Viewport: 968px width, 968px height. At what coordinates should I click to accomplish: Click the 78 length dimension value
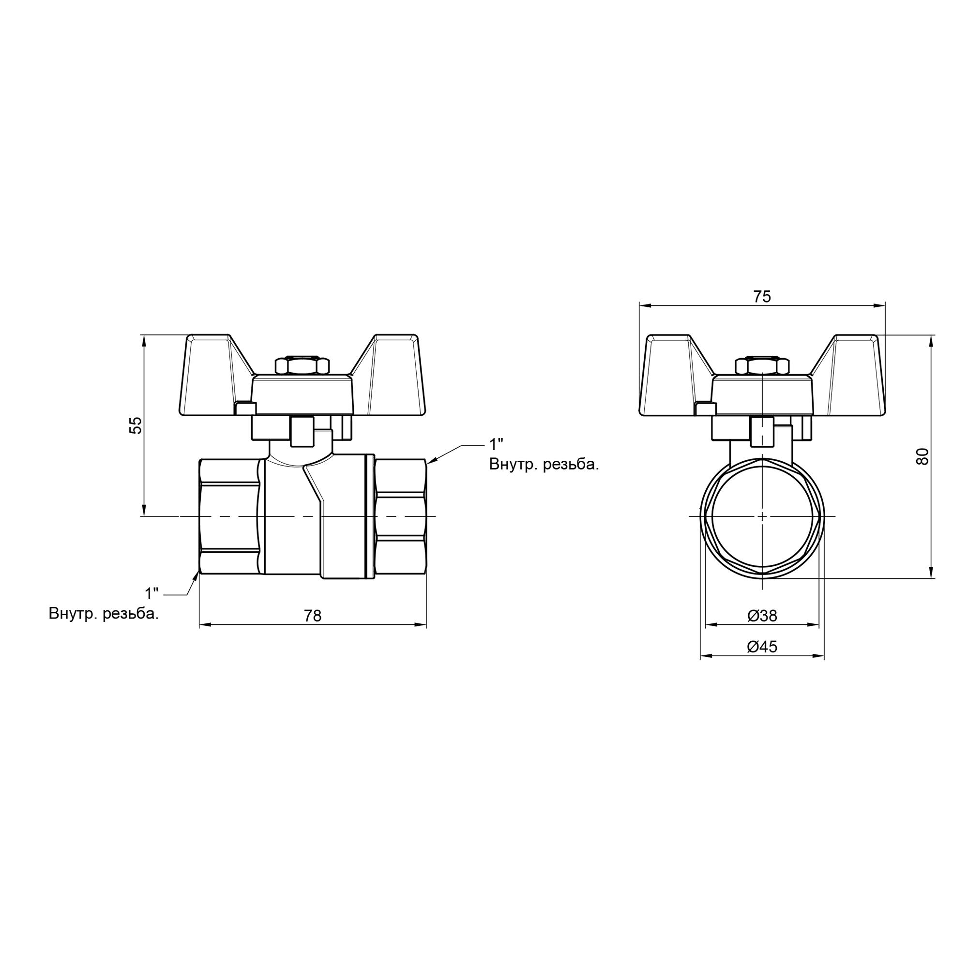click(x=313, y=616)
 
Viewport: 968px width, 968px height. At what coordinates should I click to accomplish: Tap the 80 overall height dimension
click(x=923, y=456)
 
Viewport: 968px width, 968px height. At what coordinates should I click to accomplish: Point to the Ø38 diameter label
click(x=762, y=616)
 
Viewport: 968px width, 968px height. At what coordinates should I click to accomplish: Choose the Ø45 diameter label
click(x=762, y=647)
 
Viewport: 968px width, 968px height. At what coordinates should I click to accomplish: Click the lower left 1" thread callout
click(x=152, y=594)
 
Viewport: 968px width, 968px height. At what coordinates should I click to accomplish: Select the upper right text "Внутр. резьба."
click(x=544, y=465)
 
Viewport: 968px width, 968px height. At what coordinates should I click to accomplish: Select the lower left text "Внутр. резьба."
click(x=104, y=614)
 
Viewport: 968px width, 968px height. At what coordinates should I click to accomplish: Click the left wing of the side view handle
click(x=211, y=376)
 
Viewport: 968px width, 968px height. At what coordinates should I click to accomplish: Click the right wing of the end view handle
click(x=852, y=376)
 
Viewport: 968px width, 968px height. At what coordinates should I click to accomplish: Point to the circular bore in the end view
click(x=762, y=516)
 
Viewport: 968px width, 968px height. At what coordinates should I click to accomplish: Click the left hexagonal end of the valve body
click(x=229, y=516)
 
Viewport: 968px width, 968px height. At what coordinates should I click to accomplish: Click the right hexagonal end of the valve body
click(x=400, y=516)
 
